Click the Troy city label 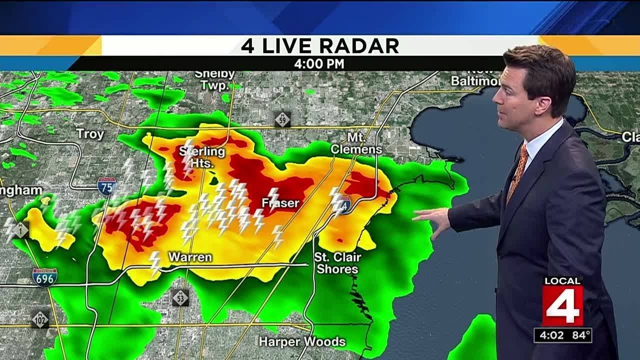click(x=90, y=134)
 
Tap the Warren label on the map click(x=190, y=257)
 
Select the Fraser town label click(x=280, y=203)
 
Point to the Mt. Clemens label click(x=356, y=143)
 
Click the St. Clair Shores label click(x=337, y=263)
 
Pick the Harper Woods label click(x=302, y=342)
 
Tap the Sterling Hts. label click(x=202, y=157)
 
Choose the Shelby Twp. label click(x=215, y=80)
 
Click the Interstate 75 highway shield click(x=106, y=185)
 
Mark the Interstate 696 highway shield click(x=45, y=277)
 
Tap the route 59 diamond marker click(x=282, y=119)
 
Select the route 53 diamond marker click(x=180, y=297)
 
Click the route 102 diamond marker click(x=40, y=319)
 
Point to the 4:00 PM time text click(x=319, y=64)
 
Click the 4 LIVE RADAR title click(x=320, y=46)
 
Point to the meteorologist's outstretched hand click(x=432, y=218)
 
